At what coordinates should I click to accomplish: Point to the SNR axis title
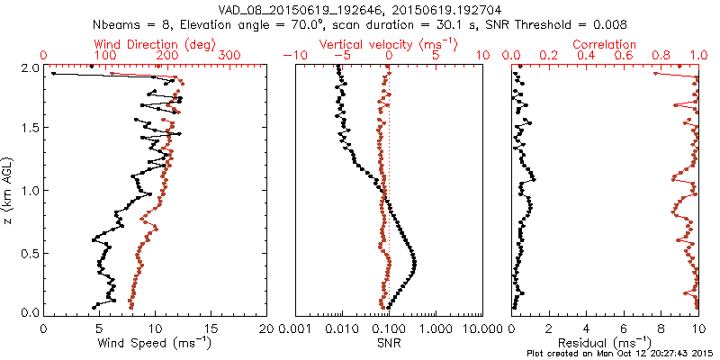point(389,342)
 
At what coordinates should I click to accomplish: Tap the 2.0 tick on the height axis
point(30,67)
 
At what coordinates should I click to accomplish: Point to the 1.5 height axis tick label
point(30,129)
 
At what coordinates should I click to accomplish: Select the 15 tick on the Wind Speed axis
point(211,328)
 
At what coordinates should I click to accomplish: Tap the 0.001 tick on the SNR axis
point(294,328)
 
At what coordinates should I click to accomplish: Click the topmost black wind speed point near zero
point(54,74)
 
